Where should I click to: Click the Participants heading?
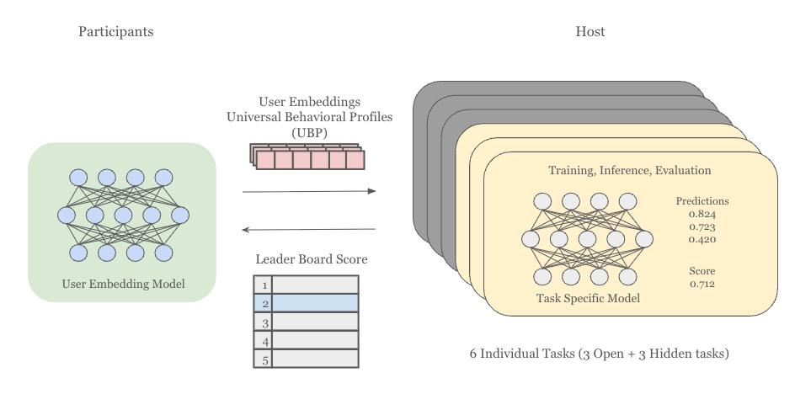[115, 32]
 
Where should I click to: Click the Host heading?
[590, 32]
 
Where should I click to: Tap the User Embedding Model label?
[123, 284]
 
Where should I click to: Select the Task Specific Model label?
[588, 298]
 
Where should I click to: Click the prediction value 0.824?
[702, 215]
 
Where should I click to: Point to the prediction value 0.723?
[702, 227]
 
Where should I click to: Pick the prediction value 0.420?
[702, 240]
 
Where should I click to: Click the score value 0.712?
[702, 284]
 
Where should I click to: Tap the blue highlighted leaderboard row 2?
[316, 303]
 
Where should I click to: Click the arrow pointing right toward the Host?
[308, 192]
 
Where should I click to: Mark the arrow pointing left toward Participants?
[308, 229]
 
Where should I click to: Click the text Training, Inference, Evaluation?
[629, 170]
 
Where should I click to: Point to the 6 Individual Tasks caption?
[599, 354]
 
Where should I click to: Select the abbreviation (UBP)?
[309, 133]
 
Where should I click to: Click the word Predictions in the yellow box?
[702, 201]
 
